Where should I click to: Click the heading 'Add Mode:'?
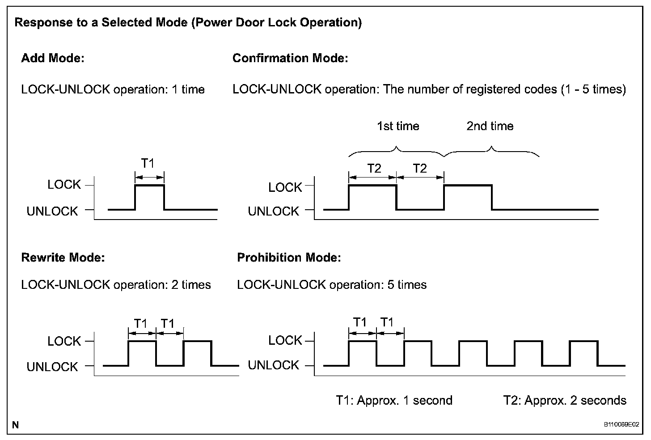53,58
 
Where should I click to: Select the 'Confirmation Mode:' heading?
290,58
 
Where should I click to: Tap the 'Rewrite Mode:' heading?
63,258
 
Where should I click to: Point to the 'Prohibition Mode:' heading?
289,258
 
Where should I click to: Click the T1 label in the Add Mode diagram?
148,164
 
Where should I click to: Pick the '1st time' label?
398,126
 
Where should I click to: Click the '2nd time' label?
490,126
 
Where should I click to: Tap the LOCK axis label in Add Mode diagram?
64,185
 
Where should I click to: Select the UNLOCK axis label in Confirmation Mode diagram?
273,211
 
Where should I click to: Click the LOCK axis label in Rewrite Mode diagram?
64,341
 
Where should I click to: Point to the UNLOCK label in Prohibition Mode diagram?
273,365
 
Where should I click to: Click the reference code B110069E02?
621,424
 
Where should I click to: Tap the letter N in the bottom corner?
16,425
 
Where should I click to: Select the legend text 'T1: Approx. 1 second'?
394,400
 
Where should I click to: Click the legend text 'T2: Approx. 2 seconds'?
565,400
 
